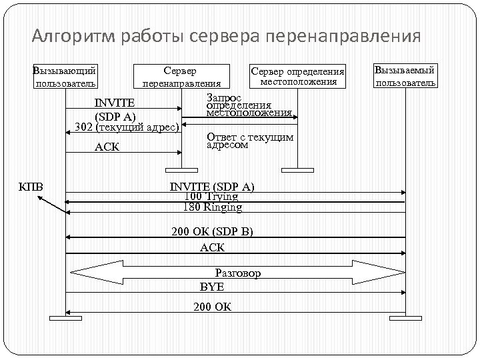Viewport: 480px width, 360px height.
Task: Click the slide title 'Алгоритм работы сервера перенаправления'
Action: tap(226, 35)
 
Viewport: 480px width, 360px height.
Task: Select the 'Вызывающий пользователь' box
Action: tap(65, 77)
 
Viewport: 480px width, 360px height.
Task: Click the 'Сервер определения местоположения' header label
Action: tap(297, 77)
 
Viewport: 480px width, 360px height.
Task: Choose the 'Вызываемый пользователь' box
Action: tap(405, 76)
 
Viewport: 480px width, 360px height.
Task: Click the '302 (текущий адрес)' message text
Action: tap(127, 127)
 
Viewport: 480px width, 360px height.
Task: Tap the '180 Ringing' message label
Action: tap(212, 207)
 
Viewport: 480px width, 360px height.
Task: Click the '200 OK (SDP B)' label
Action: tap(212, 232)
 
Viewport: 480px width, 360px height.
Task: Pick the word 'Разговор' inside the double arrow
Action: tap(237, 273)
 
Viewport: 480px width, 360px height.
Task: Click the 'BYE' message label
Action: tap(212, 287)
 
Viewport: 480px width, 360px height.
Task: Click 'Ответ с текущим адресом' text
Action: tap(249, 140)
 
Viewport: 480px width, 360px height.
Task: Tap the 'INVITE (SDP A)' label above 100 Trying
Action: tap(212, 186)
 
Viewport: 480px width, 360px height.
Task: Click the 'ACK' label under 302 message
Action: tap(107, 147)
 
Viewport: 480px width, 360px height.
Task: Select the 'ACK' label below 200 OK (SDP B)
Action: tap(212, 247)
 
